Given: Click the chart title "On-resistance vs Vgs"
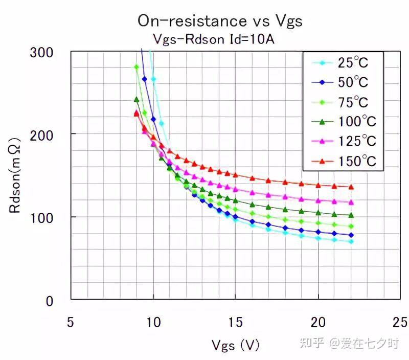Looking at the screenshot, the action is (220, 21).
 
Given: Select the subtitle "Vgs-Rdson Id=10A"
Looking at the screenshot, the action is (214, 39).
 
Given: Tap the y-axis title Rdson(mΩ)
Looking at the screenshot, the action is (15, 175).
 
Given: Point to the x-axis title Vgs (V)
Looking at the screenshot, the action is (235, 345).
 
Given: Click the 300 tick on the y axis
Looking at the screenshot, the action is (41, 53).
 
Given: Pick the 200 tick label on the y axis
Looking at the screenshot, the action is (41, 136).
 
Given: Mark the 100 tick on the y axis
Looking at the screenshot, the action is (41, 218).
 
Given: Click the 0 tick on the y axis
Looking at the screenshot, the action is (50, 301).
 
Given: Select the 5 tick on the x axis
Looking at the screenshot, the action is (71, 322).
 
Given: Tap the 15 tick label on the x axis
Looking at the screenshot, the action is (236, 322).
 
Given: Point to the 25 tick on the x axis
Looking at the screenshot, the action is (400, 322).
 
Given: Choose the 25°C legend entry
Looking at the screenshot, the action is (339, 62).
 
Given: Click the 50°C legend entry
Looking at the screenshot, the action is (339, 82).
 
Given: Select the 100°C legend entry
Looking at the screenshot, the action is (344, 122).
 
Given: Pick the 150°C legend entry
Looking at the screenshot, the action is (344, 161).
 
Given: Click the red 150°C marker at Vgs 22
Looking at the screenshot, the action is (351, 187).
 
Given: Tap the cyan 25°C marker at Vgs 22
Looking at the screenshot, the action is (351, 241).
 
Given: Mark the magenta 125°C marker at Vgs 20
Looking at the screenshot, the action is (318, 200).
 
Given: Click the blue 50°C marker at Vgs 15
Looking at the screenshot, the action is (236, 216).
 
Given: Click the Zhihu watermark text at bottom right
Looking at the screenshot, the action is (350, 343).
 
